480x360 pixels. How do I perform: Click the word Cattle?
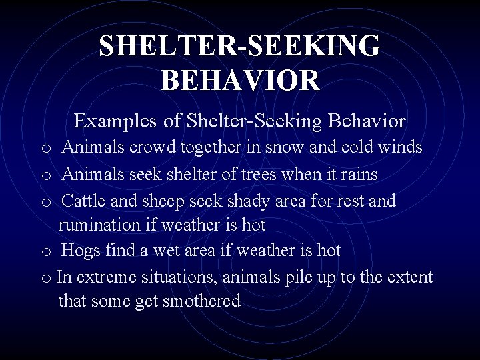pos(85,201)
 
